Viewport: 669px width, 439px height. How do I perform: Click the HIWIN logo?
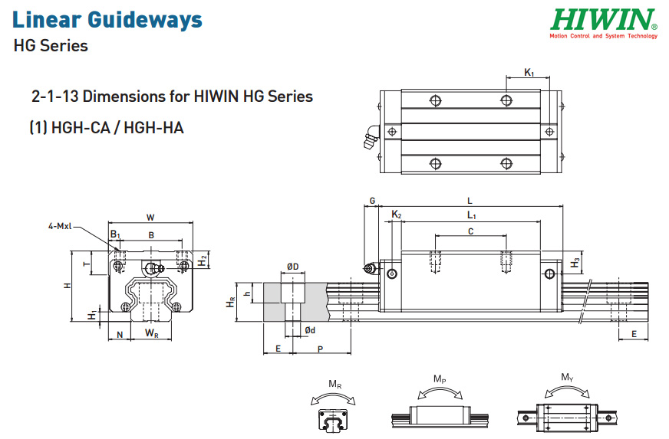603,24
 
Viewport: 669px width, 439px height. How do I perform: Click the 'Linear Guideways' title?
107,20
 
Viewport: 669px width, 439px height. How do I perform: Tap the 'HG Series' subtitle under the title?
51,46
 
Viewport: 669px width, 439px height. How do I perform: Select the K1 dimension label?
529,73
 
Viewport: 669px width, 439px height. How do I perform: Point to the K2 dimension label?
397,215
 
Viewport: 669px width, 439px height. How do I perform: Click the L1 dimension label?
472,215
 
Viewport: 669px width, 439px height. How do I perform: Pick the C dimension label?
470,231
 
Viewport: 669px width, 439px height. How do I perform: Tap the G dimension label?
372,201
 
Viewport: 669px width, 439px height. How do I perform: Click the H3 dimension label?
575,263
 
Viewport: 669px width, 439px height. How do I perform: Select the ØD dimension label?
293,267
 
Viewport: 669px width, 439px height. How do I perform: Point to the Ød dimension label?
310,330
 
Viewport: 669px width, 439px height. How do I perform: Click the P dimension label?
321,349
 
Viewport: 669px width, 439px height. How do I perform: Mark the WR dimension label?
151,333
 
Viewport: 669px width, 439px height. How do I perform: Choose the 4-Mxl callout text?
60,226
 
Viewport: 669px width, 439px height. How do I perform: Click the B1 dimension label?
115,234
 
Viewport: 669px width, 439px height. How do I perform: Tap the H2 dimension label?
203,260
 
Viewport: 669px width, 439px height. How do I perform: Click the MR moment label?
335,385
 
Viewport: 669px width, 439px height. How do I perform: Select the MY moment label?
567,377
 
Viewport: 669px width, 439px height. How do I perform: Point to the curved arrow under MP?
440,388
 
